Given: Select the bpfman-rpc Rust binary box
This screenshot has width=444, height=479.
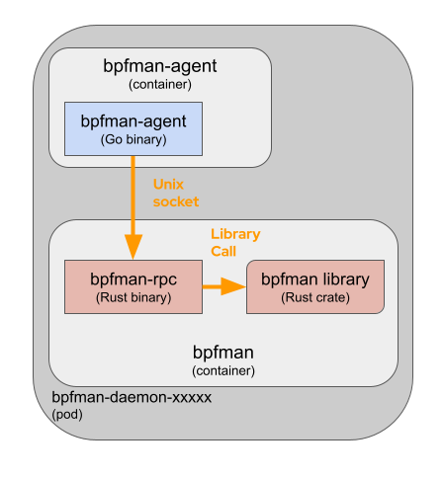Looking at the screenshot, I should [x=133, y=286].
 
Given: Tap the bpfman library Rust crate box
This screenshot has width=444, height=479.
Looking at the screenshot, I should [x=314, y=286].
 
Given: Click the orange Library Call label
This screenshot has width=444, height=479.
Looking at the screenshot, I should [x=235, y=242].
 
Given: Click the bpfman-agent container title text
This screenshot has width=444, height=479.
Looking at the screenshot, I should [x=160, y=67].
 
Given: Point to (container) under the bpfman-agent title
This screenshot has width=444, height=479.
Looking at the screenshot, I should [x=160, y=85].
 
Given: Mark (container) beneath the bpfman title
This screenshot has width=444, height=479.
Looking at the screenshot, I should [x=222, y=370].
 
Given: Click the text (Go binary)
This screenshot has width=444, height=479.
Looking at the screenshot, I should [x=133, y=140].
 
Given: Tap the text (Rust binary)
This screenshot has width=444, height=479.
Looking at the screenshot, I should [x=133, y=297].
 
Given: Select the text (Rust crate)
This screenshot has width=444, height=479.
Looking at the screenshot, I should [x=314, y=297].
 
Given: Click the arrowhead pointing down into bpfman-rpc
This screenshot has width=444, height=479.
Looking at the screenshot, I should [x=133, y=247].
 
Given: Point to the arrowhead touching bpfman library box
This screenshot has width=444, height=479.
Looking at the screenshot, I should [x=234, y=286].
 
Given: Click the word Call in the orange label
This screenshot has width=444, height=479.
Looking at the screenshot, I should [x=223, y=251].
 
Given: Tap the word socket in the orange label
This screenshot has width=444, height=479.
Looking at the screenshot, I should [x=176, y=201].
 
